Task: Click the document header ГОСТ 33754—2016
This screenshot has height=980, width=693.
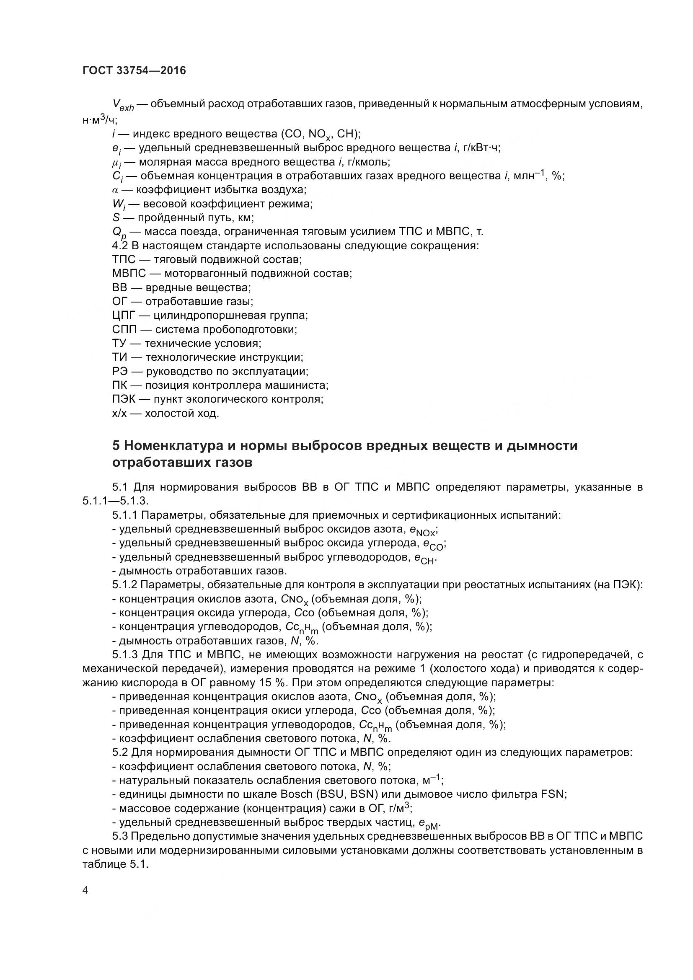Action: [x=134, y=71]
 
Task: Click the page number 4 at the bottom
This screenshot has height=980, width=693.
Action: [x=85, y=890]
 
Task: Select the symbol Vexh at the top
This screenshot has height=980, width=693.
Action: [x=123, y=105]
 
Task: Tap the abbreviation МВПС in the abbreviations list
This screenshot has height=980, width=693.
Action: [x=129, y=273]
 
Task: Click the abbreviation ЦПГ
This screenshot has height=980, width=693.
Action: [x=123, y=315]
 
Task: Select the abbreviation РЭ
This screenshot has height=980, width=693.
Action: [x=119, y=371]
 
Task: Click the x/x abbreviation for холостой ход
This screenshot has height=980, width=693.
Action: [x=119, y=414]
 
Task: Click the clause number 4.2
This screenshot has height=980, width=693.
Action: [x=120, y=246]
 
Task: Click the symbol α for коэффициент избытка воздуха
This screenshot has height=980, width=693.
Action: [x=115, y=190]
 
